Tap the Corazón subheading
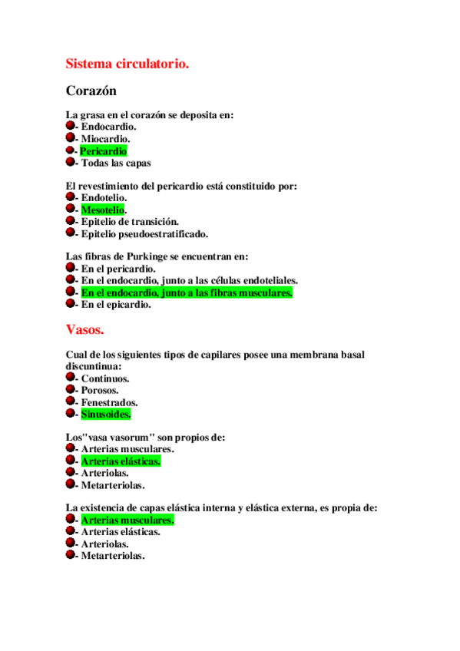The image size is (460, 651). click(91, 91)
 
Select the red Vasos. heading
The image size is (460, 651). click(84, 329)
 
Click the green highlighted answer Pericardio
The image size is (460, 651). click(104, 151)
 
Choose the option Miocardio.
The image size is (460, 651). click(105, 139)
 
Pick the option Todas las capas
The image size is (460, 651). click(116, 163)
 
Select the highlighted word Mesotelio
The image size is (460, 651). click(104, 210)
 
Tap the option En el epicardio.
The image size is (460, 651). click(116, 304)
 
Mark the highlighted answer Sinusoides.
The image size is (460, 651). click(106, 414)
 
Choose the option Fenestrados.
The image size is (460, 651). click(109, 402)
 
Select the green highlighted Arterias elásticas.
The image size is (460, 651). click(121, 461)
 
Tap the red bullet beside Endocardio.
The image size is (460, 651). click(70, 126)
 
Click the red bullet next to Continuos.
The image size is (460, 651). click(70, 378)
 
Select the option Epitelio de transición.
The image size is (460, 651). click(130, 222)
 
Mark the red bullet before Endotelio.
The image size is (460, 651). click(70, 197)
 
